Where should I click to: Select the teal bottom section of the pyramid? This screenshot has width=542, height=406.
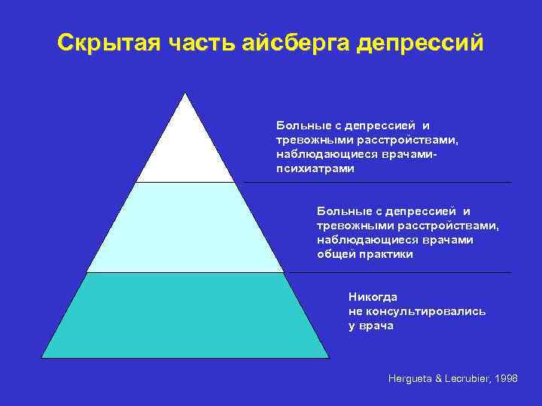pos(185,316)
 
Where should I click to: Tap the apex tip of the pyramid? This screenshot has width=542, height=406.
pos(185,93)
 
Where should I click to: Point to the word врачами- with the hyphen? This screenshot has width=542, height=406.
pos(411,153)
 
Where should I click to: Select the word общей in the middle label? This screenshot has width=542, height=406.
pos(333,255)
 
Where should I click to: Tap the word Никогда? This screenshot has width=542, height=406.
pos(373,296)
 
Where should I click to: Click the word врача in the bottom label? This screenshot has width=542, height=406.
pos(377,326)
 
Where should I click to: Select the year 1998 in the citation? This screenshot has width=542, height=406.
pos(507,379)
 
